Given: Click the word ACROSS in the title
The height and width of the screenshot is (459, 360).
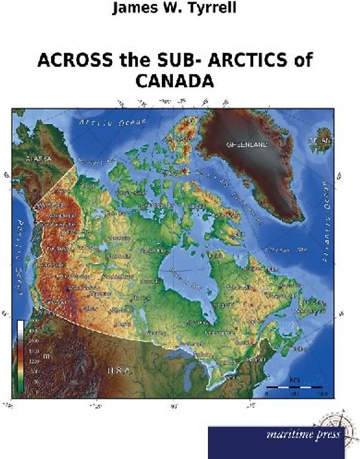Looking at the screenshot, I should (69, 62).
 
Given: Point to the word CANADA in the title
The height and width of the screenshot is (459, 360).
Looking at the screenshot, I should (175, 81).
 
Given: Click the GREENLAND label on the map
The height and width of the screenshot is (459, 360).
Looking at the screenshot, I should (246, 145).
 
